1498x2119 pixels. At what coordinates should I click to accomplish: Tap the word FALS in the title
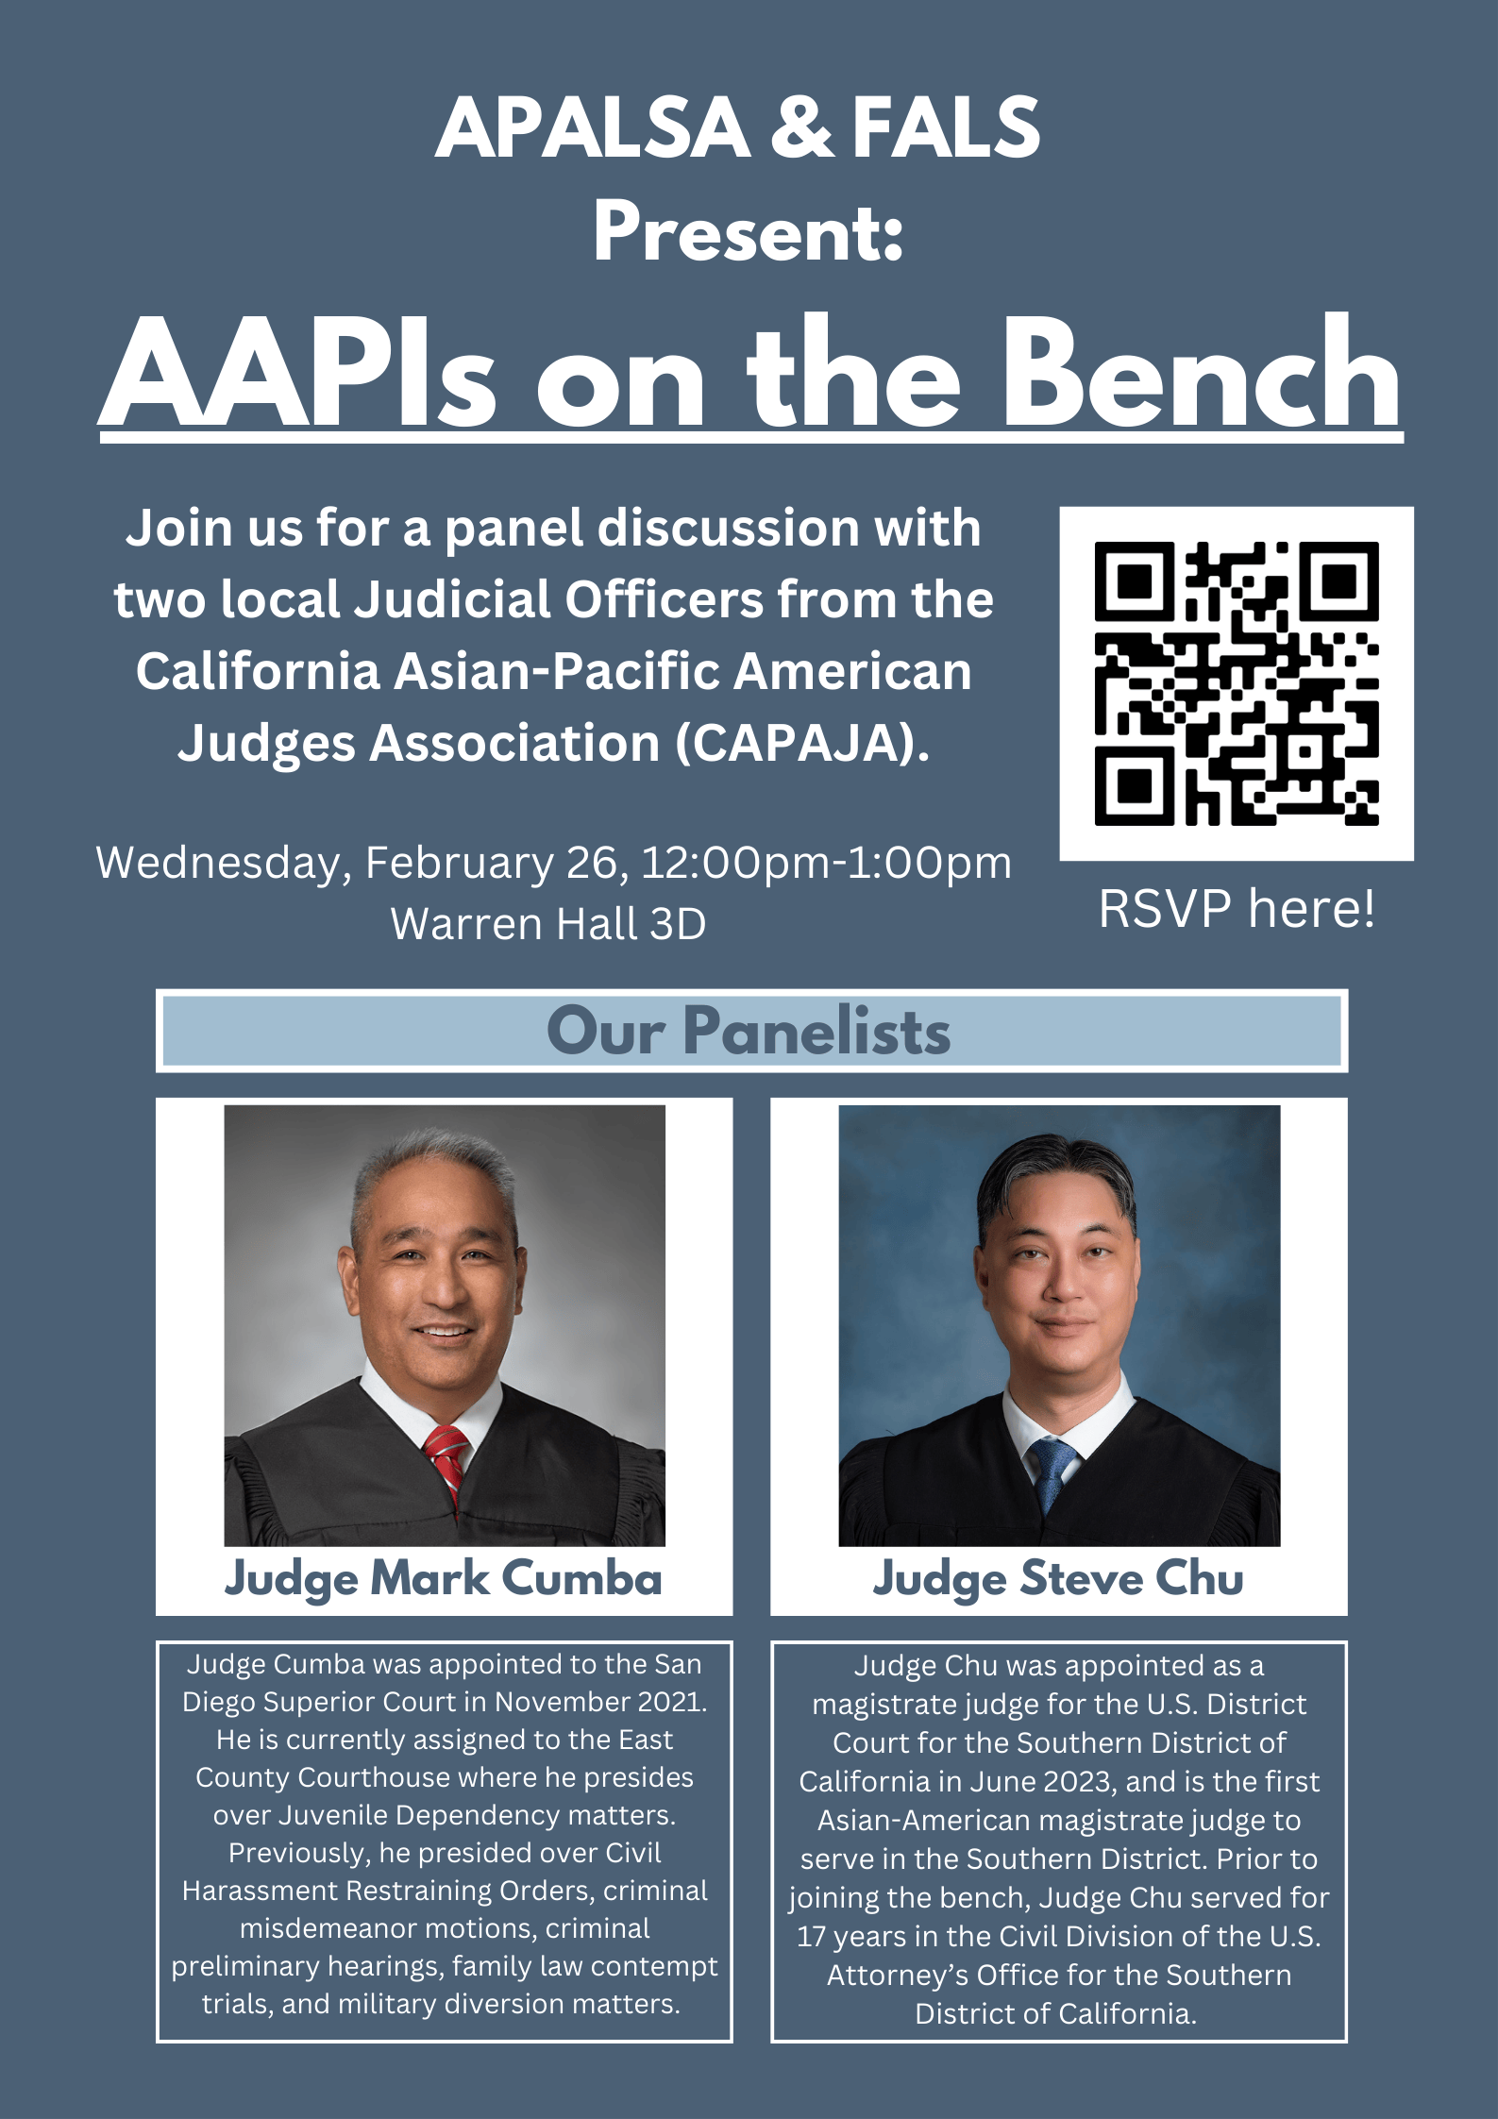[946, 127]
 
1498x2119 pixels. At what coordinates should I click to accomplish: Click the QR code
[1236, 683]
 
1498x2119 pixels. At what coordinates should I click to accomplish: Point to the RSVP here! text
[1236, 908]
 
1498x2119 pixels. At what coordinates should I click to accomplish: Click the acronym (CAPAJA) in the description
[802, 743]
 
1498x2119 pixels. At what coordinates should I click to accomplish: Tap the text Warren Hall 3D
[548, 924]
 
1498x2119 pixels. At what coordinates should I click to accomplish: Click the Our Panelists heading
[749, 1031]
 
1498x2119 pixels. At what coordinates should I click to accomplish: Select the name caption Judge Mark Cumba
[444, 1578]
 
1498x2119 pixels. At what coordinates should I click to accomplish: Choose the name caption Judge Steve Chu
[1058, 1578]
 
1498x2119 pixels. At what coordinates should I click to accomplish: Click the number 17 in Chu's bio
[811, 1936]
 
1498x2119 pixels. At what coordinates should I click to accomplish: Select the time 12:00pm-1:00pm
[827, 863]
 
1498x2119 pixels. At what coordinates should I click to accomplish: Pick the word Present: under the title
[749, 233]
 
